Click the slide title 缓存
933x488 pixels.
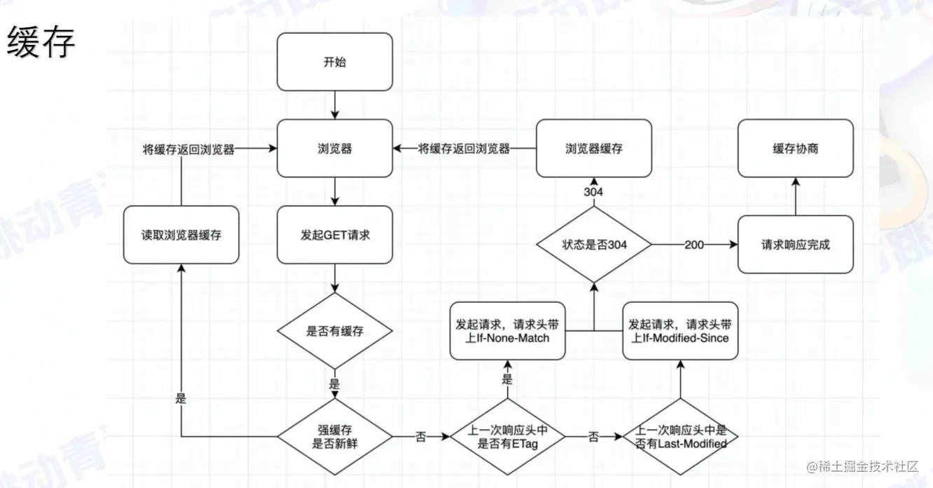[x=41, y=43]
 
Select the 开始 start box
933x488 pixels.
[x=335, y=62]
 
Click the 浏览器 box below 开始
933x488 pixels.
[x=335, y=149]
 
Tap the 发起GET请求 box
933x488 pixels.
[x=335, y=235]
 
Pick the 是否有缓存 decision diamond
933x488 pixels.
[x=335, y=331]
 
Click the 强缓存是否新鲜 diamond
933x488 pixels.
[x=335, y=435]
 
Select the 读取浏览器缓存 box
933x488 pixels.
[x=181, y=235]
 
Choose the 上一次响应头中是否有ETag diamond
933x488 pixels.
[x=507, y=435]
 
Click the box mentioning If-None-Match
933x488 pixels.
[x=507, y=331]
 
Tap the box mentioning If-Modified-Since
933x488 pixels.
[x=679, y=331]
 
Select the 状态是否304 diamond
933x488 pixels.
[x=594, y=245]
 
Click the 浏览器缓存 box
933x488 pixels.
[x=594, y=149]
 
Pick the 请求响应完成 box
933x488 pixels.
[x=796, y=245]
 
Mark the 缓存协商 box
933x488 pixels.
[x=796, y=149]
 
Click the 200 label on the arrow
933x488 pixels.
[x=695, y=245]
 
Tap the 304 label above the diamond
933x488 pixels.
[x=594, y=192]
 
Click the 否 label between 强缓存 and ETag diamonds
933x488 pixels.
[x=421, y=436]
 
